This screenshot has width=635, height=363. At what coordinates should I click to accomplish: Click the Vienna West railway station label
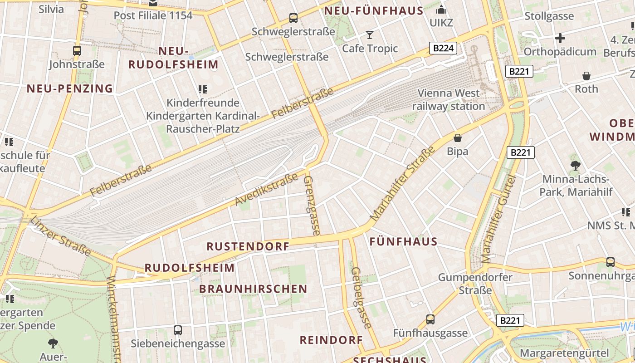[x=448, y=100]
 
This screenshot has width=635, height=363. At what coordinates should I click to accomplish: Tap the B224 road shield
[x=443, y=48]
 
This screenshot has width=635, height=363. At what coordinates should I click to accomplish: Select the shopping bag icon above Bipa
[x=457, y=137]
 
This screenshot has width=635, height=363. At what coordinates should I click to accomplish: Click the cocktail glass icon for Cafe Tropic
[x=370, y=35]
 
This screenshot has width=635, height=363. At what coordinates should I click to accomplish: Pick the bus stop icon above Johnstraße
[x=77, y=51]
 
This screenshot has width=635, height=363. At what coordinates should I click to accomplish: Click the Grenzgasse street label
[x=312, y=205]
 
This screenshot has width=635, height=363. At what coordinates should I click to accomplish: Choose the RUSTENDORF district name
[x=248, y=246]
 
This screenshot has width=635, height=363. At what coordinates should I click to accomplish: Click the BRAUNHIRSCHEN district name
[x=253, y=289]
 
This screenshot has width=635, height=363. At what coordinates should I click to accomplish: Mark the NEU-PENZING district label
[x=69, y=88]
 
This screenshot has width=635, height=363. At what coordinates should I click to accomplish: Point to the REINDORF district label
[x=332, y=340]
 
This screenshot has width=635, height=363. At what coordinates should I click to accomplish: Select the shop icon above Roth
[x=586, y=76]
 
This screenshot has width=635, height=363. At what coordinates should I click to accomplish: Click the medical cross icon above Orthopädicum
[x=560, y=38]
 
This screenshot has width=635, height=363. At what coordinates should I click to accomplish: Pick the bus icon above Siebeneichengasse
[x=178, y=330]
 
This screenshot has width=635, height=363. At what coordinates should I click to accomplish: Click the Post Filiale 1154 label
[x=153, y=15]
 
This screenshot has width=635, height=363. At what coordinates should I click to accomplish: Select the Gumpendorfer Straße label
[x=475, y=284]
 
